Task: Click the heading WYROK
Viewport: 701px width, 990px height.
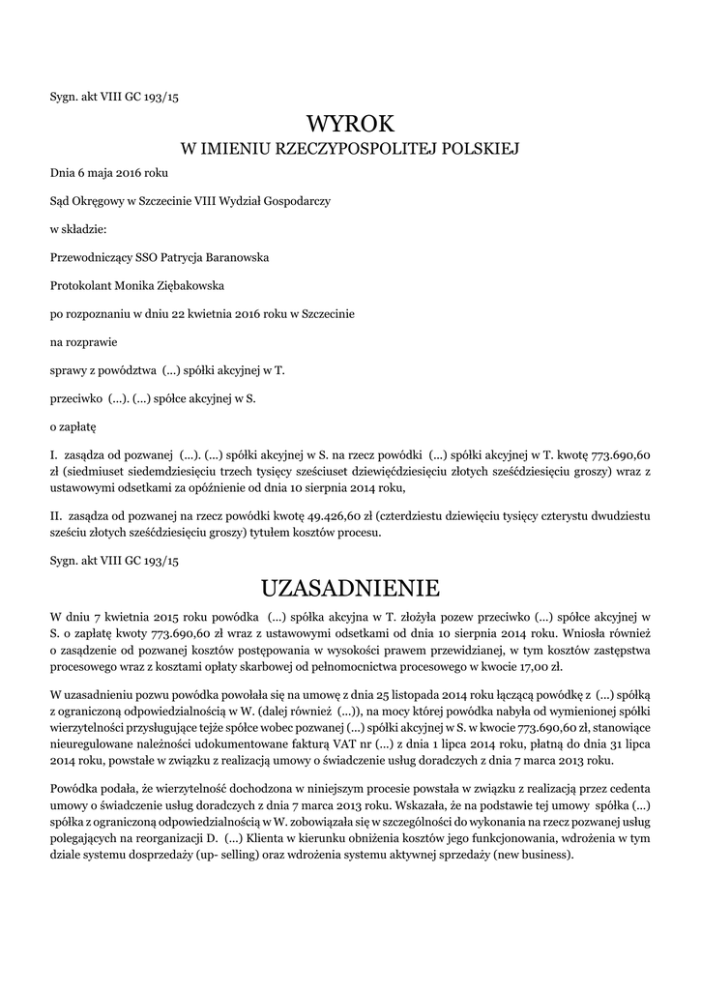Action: (x=351, y=123)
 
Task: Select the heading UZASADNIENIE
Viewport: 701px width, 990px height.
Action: (x=351, y=588)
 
